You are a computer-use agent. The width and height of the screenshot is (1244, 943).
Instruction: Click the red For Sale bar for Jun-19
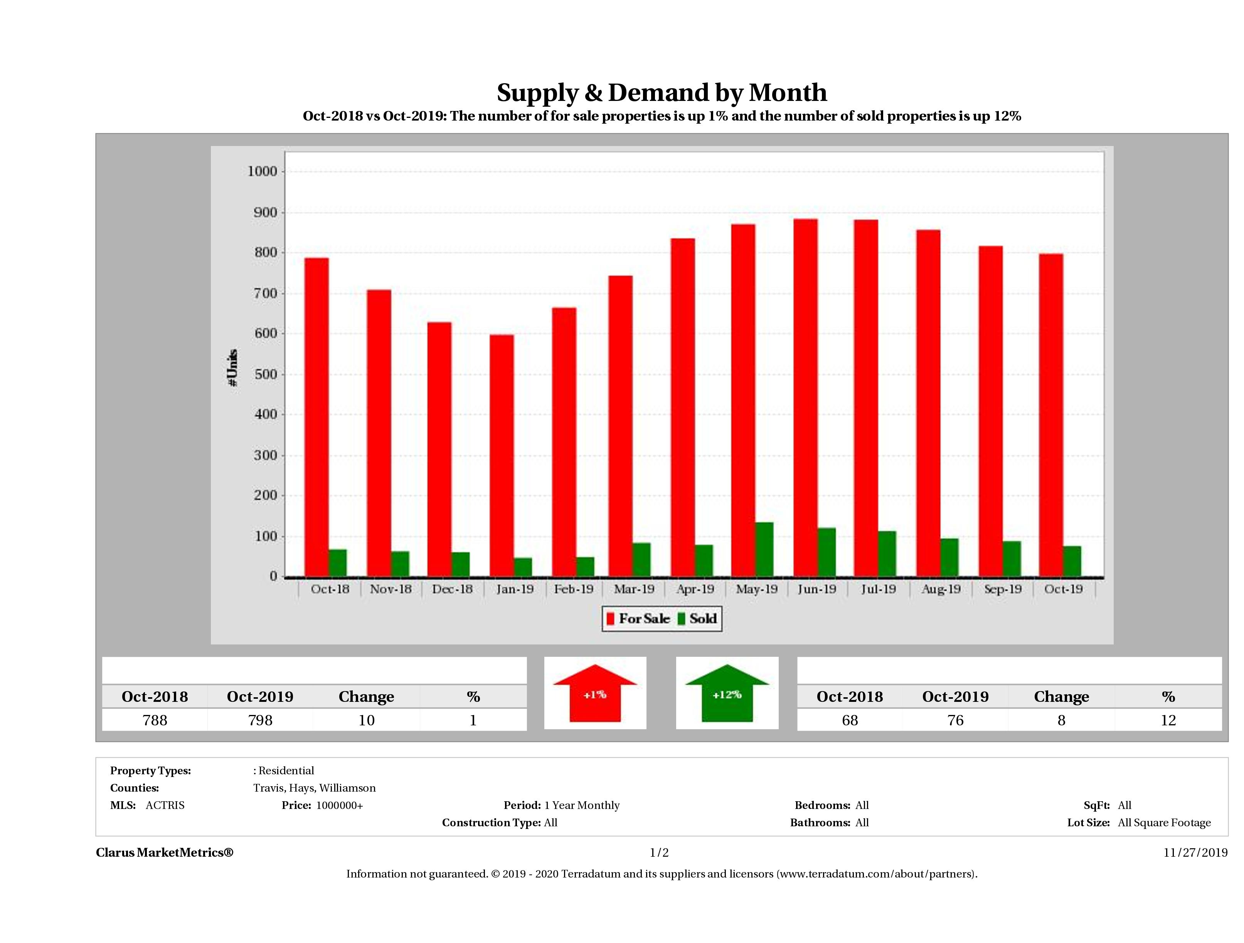coord(805,398)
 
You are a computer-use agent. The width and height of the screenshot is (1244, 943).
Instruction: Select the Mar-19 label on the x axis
coord(634,589)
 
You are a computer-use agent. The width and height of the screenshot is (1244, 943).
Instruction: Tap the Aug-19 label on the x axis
coord(940,589)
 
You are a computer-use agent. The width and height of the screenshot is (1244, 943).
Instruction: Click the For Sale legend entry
coord(638,619)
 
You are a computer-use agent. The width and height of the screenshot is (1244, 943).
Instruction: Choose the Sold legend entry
coord(697,619)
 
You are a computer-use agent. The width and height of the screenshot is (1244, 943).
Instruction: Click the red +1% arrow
coord(595,694)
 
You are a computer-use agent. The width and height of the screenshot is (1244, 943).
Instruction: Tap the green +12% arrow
coord(727,694)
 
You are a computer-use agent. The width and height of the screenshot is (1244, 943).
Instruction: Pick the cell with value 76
coord(955,720)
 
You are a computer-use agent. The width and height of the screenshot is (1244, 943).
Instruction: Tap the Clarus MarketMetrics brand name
coord(164,852)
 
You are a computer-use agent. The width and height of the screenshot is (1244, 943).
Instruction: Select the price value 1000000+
coord(339,805)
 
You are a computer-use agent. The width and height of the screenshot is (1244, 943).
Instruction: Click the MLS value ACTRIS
coord(165,805)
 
